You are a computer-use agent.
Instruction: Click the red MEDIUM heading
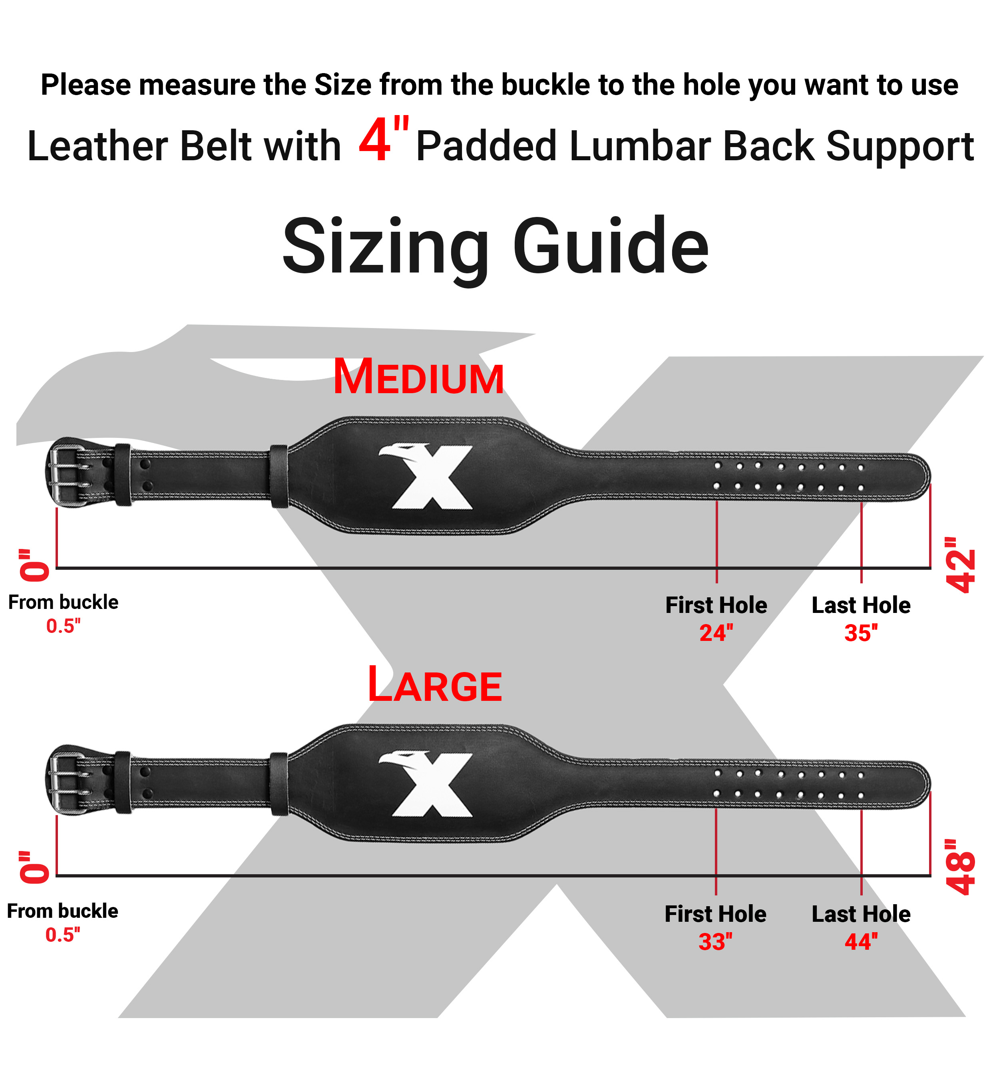[418, 378]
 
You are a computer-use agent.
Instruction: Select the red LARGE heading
[435, 685]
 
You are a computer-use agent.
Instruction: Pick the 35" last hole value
[861, 633]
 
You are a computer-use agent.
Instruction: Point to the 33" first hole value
[715, 942]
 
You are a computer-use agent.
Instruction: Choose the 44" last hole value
[861, 942]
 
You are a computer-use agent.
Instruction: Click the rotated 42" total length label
[960, 565]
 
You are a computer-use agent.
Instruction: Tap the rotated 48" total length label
[960, 867]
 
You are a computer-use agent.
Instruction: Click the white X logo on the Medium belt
[427, 476]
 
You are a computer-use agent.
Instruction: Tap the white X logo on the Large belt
[427, 784]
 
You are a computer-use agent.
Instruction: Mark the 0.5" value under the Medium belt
[63, 626]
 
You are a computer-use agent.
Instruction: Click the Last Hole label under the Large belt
[861, 914]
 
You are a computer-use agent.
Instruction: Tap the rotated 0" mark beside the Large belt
[34, 867]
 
